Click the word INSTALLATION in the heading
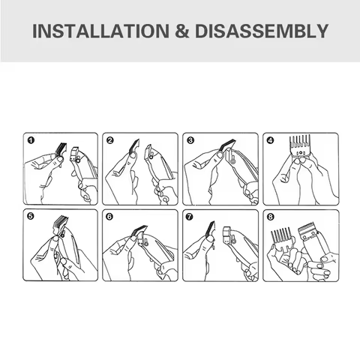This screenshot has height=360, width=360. (x=100, y=31)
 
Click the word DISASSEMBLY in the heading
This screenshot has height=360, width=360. (x=262, y=31)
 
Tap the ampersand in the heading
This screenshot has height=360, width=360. (x=182, y=31)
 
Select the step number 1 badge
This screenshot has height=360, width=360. (x=31, y=140)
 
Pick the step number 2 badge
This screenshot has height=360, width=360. (x=110, y=140)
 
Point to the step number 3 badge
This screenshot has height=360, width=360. (x=190, y=140)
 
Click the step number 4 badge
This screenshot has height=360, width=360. (x=270, y=140)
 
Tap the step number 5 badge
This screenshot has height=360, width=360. (x=31, y=216)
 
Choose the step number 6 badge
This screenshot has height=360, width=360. (x=109, y=217)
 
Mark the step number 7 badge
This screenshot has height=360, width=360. (x=190, y=217)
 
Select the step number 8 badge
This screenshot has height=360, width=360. (x=270, y=217)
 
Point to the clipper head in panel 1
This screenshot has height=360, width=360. (x=76, y=155)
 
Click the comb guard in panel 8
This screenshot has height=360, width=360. (x=281, y=238)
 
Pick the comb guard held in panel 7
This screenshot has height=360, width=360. (x=209, y=229)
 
